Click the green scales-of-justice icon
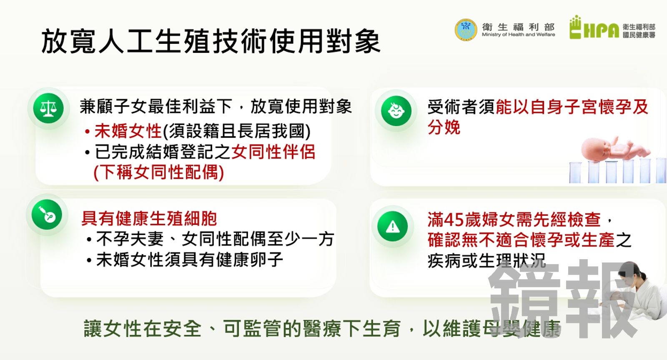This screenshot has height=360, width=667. [48, 108]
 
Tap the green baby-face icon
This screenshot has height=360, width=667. [396, 111]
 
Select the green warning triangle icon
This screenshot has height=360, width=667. [392, 226]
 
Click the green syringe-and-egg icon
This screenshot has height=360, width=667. [47, 215]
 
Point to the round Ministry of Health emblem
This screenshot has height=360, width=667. [466, 30]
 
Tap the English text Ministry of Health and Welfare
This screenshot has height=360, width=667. [519, 35]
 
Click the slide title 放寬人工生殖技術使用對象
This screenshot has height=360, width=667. [211, 41]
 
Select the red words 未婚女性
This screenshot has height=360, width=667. [128, 131]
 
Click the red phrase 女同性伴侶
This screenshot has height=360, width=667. [273, 152]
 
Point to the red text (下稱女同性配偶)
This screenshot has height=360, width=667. [159, 172]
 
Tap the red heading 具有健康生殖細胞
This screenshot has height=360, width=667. [149, 219]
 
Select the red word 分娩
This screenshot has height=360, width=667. [444, 128]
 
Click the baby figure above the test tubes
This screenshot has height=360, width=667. [615, 149]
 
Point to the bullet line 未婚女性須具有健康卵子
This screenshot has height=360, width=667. [189, 260]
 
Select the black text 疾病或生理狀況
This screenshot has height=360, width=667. [486, 261]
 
